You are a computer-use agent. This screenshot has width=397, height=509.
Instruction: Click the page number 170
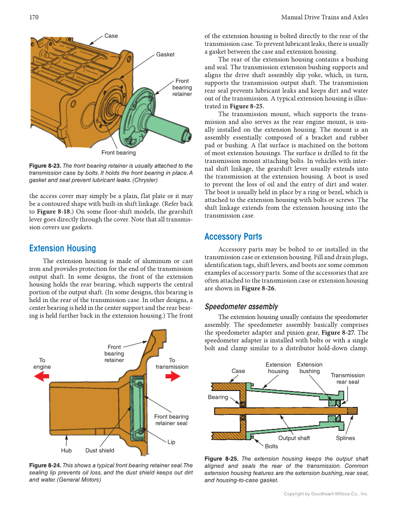tap(34, 17)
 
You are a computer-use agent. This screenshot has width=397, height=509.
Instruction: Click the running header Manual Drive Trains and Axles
tap(324, 17)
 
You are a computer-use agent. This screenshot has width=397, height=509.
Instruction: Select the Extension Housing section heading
tap(62, 248)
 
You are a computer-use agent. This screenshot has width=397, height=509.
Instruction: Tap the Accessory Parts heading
tap(233, 236)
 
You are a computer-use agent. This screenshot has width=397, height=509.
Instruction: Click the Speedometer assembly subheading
tap(241, 307)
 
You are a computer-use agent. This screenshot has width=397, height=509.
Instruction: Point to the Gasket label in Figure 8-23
tap(165, 54)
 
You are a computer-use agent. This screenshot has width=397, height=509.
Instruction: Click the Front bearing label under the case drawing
tap(119, 153)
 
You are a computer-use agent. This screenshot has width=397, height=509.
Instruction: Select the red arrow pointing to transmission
tap(172, 376)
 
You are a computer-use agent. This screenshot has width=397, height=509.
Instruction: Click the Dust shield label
tap(100, 450)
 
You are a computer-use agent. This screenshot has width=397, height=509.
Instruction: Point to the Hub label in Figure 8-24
tap(66, 450)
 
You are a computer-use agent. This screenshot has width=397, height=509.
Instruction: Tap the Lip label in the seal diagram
tap(171, 442)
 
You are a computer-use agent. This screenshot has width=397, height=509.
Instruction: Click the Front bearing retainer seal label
tap(171, 420)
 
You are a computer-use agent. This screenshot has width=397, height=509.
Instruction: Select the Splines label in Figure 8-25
tap(345, 438)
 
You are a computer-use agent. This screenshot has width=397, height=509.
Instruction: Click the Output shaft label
tap(294, 438)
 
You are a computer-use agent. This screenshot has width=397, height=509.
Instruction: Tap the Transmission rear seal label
tap(347, 378)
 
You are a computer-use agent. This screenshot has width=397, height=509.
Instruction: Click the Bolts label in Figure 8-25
tap(271, 446)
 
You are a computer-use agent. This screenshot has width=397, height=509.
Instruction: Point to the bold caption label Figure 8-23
tap(45, 166)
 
